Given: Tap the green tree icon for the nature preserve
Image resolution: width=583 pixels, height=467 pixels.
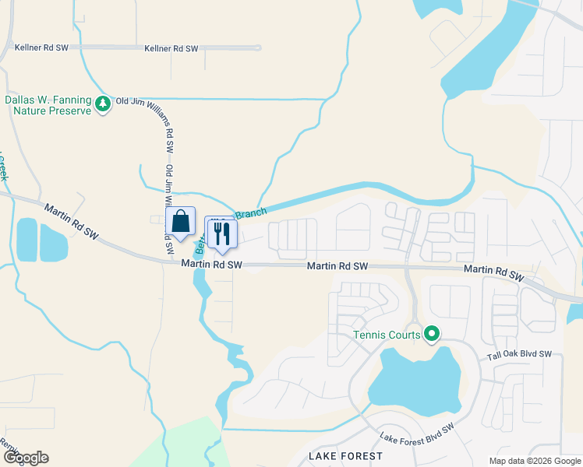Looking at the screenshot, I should pos(102,104).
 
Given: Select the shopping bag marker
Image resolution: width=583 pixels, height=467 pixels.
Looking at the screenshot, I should pos(180,221).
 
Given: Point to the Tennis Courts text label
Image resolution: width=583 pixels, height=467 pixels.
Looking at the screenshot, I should pos(387,335).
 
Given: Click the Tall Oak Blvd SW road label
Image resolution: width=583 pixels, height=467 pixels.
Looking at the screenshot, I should pos(519,354).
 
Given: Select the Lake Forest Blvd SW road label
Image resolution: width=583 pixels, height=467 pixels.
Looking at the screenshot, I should pos(417,435).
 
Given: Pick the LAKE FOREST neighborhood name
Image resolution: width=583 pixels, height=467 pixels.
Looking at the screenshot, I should pos(345,455).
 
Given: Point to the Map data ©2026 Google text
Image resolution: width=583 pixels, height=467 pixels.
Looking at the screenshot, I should pos(535,461).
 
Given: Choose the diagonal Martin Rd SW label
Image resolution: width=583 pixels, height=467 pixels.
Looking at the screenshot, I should pos(71,220).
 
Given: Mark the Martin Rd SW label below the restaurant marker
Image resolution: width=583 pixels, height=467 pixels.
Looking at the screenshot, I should pos(211,265).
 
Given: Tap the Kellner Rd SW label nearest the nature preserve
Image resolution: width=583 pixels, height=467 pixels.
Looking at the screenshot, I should pos(41,48).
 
